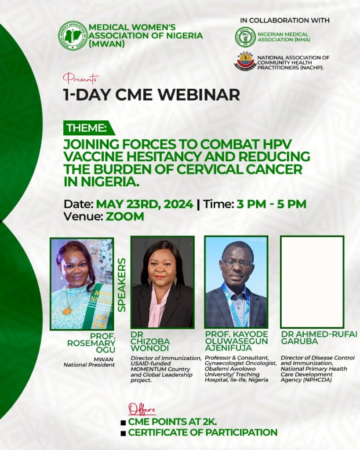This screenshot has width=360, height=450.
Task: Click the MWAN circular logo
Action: (x=73, y=36)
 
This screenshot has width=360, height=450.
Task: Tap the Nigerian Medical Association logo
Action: (x=245, y=37)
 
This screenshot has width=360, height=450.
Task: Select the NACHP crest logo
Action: (x=245, y=62)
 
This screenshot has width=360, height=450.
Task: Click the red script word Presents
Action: (x=81, y=78)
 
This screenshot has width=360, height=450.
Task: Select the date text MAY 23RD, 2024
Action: (x=145, y=204)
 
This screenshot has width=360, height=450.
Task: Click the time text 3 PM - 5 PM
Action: (x=271, y=204)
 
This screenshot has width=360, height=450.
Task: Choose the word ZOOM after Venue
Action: (x=125, y=216)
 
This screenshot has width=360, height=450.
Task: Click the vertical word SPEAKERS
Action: (x=122, y=285)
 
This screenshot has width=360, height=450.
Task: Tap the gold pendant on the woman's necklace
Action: (x=67, y=311)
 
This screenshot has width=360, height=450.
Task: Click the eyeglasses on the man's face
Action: (x=237, y=263)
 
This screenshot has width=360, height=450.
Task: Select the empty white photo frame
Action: (x=312, y=282)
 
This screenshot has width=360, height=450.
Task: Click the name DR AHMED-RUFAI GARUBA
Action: (x=319, y=338)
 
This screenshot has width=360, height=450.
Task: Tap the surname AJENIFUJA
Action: (x=228, y=348)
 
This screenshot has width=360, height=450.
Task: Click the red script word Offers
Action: (x=142, y=409)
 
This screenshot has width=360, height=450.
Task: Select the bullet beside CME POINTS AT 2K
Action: (x=123, y=423)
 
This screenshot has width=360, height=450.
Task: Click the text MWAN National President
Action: (x=89, y=362)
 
